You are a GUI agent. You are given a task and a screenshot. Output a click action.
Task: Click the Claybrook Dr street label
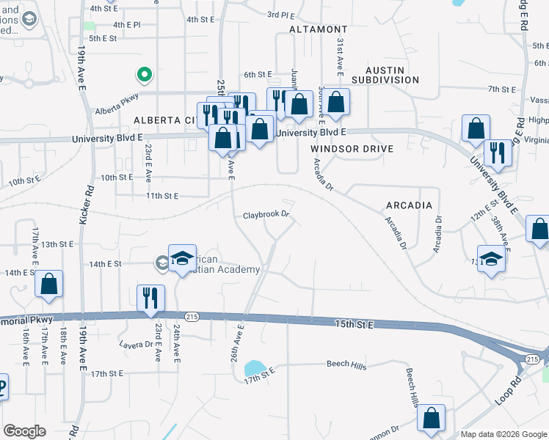pos(266,216)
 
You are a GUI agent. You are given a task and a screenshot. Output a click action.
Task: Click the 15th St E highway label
pos(355,323)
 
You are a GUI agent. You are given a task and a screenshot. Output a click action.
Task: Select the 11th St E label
pos(162,196)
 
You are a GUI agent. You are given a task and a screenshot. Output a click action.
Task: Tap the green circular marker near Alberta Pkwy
pos(145,74)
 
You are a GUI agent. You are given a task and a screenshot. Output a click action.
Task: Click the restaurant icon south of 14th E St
pos(150,297)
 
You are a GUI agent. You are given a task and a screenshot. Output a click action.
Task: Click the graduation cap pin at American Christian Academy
pos(182,258)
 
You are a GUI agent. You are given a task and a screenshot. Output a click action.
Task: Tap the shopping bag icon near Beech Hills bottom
pos(431,418)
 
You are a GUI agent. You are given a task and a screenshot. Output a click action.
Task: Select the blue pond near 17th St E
pos(254,367)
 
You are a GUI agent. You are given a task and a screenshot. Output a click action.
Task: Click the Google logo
pos(24,431)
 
